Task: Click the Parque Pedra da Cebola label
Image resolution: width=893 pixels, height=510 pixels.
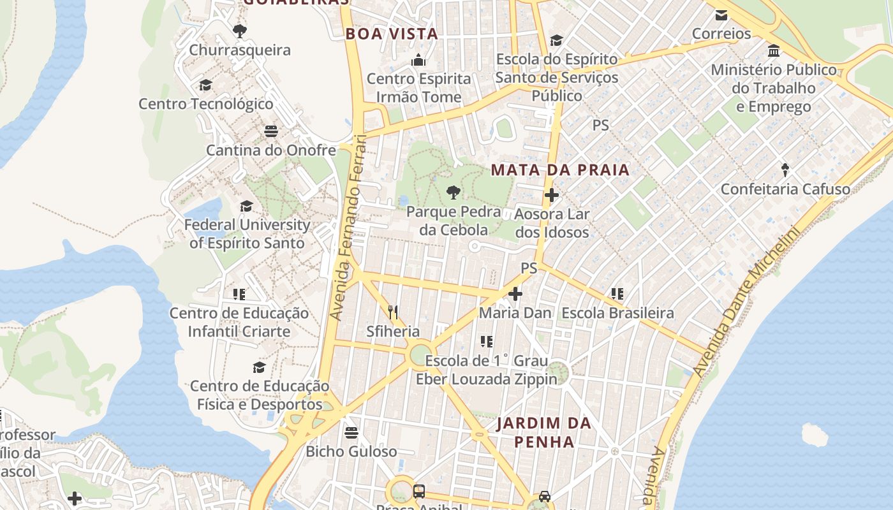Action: tap(454, 221)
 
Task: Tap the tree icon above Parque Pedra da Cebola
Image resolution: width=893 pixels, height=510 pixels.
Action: tap(454, 192)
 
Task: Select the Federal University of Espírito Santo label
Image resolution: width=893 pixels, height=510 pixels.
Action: tap(247, 234)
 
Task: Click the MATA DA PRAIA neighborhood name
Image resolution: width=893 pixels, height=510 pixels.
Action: tap(560, 170)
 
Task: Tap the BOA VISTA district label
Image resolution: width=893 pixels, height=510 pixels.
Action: tap(392, 34)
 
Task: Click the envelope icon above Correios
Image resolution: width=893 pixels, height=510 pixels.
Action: tap(721, 15)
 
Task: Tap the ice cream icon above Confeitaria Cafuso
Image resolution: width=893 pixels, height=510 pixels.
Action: tap(785, 170)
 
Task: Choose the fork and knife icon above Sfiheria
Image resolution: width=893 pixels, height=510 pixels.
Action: tap(393, 312)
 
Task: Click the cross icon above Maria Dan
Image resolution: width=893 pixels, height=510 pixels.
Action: tap(515, 294)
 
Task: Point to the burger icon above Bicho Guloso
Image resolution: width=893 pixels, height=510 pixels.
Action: tap(351, 433)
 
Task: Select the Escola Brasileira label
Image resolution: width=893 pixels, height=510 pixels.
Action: tap(617, 313)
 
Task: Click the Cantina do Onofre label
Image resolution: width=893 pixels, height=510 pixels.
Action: tap(270, 150)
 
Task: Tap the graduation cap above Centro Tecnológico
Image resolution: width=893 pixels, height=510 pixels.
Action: tap(205, 85)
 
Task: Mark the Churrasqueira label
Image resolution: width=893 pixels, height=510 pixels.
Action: tap(240, 50)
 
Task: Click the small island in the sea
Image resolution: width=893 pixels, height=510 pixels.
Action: tap(815, 435)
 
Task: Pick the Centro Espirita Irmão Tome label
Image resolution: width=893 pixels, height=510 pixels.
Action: tap(418, 88)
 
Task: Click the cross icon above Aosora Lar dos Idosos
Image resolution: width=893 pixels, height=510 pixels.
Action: tap(552, 195)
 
